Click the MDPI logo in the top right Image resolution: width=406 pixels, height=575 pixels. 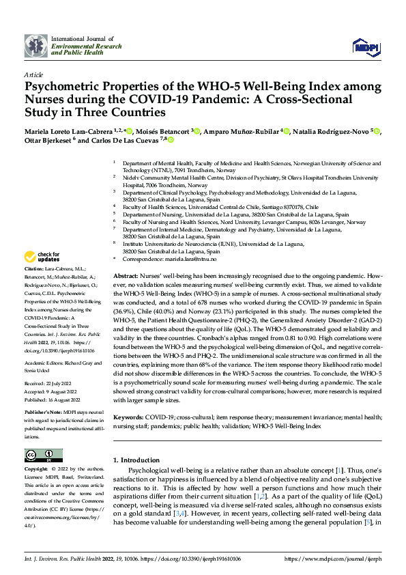tap(362, 45)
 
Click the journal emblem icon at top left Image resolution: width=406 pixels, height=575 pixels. tap(35, 44)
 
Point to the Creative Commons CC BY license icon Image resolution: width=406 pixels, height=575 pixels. tap(43, 455)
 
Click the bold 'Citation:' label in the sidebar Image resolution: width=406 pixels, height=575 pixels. tap(35, 271)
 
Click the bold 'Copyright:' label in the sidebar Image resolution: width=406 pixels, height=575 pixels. tap(36, 470)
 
